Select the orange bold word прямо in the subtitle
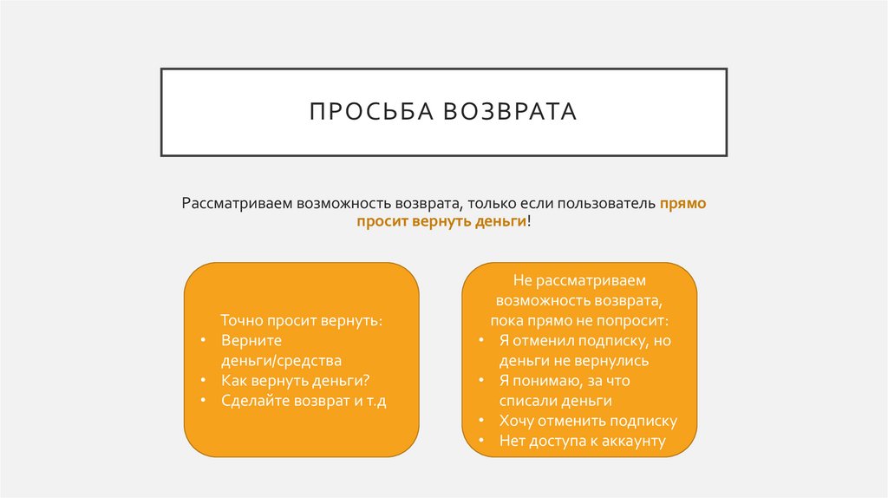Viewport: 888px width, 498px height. (682, 204)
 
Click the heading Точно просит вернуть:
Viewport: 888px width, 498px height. (301, 320)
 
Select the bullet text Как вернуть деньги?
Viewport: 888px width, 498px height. (296, 380)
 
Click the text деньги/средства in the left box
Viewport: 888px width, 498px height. (281, 360)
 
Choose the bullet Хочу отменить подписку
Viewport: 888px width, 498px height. (587, 421)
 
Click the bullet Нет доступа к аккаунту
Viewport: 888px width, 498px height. (582, 441)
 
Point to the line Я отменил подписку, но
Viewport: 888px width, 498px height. (584, 340)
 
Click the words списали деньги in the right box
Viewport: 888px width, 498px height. (555, 400)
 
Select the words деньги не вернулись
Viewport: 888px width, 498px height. (573, 360)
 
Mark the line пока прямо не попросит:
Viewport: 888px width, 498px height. (578, 320)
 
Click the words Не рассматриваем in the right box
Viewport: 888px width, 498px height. (578, 280)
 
